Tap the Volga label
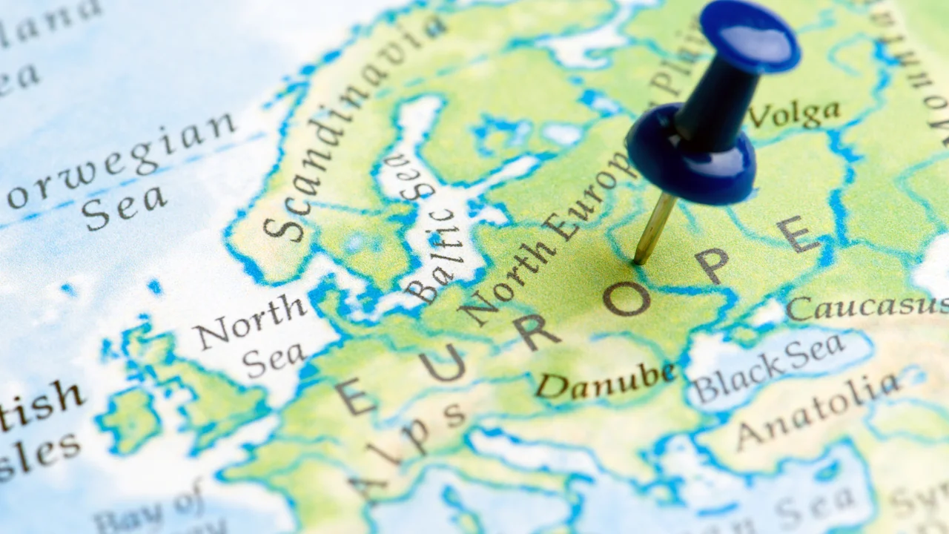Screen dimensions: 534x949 pos(794,114)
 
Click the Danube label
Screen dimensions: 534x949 pos(604,380)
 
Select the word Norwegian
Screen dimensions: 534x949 pos(122,160)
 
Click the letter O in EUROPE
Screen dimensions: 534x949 pos(626,298)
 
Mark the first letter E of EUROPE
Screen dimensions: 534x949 pos(355,397)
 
